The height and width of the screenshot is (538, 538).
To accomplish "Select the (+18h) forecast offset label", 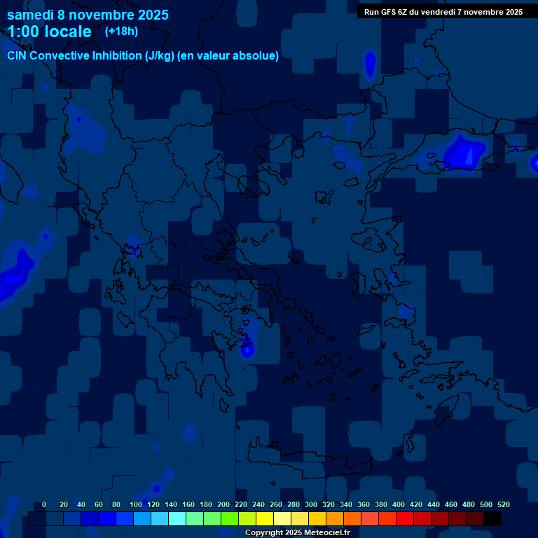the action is pos(121,31).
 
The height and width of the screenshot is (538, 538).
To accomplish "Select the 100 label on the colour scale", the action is pos(136,504).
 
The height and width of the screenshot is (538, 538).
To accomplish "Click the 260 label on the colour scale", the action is pos(275,504).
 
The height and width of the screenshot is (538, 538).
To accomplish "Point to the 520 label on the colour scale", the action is pos(503,504).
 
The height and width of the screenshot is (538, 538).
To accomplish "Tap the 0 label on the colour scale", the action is pos(44,504).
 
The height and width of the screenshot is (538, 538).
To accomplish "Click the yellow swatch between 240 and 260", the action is pos(264,519).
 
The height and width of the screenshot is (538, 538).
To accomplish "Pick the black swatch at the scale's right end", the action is pos(492,519).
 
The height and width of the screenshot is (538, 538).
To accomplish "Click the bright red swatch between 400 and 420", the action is pos(404,519).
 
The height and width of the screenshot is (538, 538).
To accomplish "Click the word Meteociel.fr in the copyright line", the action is pos(325,533).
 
